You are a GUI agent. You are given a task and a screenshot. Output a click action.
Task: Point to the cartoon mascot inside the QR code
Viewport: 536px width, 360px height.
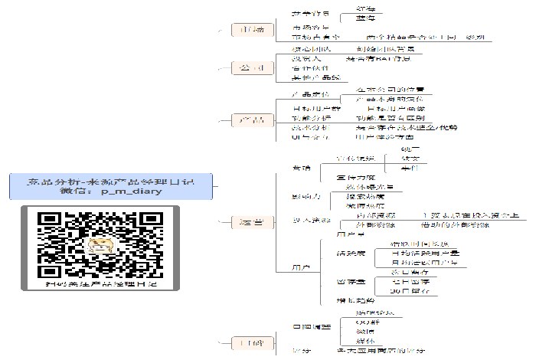[100, 245]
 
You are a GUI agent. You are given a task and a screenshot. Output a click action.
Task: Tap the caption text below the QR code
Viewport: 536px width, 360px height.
[99, 284]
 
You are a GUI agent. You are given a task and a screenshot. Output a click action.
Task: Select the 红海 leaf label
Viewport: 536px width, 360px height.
[366, 7]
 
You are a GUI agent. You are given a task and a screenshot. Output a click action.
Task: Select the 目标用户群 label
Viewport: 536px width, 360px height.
[311, 109]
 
